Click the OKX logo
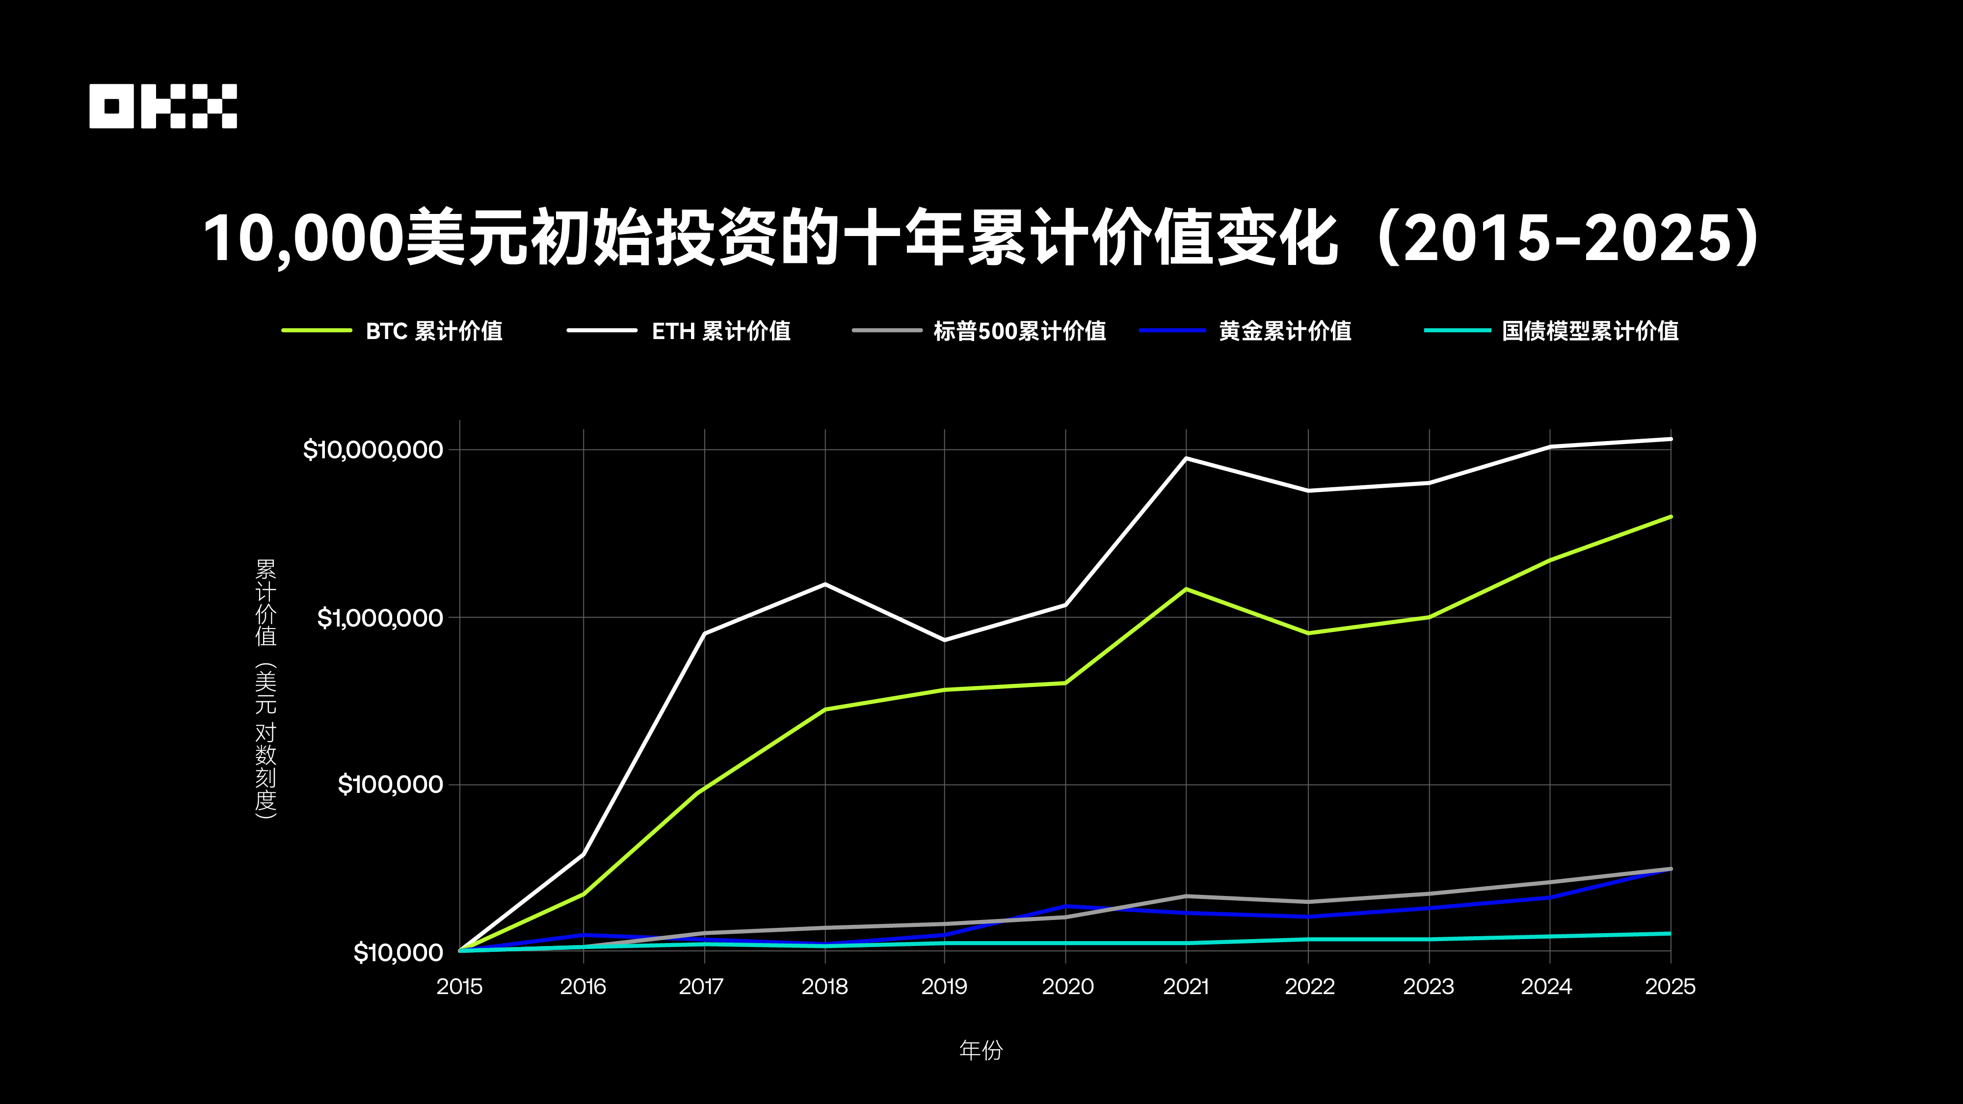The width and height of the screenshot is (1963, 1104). [163, 106]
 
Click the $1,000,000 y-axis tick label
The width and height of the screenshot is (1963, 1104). [379, 617]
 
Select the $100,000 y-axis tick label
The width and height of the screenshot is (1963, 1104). [390, 784]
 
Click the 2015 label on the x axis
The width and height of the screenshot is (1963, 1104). [459, 987]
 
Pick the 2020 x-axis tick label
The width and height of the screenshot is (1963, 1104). [1067, 987]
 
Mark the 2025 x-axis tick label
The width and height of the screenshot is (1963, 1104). [1670, 987]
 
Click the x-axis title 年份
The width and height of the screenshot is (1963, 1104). [981, 1051]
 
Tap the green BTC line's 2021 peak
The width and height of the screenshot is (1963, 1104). [1186, 589]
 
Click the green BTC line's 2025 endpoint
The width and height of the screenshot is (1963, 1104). [1671, 517]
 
